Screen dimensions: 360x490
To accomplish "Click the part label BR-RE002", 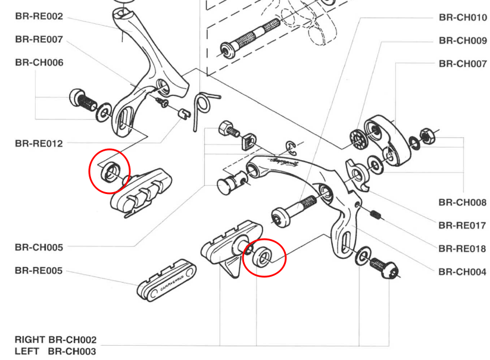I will (x=39, y=16).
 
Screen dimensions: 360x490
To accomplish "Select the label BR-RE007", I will (x=39, y=40).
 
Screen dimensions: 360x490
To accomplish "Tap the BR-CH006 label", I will (x=39, y=62).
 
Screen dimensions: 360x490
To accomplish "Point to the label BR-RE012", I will (x=39, y=143).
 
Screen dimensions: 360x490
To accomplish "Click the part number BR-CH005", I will (x=39, y=247).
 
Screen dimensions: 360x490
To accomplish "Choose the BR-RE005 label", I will (x=39, y=271).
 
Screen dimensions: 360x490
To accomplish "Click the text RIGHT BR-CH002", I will (x=55, y=340).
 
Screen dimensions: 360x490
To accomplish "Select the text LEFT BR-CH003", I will (x=55, y=351).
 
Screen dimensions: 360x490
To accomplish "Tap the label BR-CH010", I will (x=463, y=17).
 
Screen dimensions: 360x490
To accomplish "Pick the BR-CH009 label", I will (x=463, y=40).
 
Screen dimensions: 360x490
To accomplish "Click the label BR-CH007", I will (x=463, y=64).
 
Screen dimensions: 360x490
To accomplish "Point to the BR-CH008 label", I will (x=463, y=202).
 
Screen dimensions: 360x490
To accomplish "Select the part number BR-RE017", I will (x=463, y=226).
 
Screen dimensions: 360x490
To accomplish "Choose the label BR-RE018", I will (x=463, y=249).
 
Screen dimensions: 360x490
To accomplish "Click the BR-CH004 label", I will (x=463, y=272).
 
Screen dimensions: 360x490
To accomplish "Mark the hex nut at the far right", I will (x=427, y=135).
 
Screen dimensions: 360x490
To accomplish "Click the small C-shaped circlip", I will (x=291, y=147).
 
